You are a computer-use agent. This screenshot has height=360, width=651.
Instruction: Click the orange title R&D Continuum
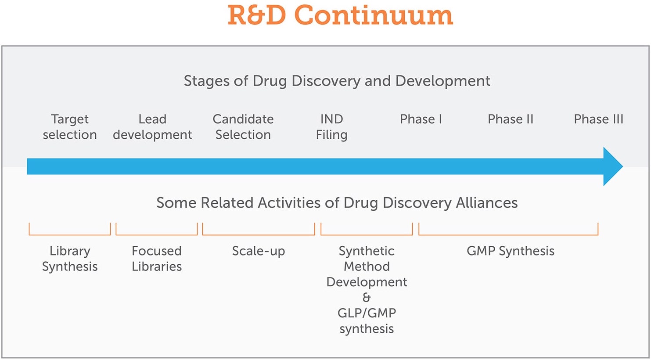pos(340,15)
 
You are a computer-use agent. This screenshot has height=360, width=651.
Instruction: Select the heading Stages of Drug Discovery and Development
pos(337,81)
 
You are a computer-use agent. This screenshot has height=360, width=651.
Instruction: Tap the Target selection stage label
pos(70,127)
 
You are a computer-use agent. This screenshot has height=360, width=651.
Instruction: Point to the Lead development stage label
pos(152,127)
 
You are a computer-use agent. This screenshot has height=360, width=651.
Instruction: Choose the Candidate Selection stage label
pos(243,127)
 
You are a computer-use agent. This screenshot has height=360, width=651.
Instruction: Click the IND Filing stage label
pos(331,127)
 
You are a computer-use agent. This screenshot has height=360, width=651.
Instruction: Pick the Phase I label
pos(421,119)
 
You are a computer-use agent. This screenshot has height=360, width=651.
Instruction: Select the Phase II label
pos(511,119)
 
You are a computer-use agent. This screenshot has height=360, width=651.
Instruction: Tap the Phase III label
pos(598,119)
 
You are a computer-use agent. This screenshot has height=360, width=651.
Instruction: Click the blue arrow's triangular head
pos(612,166)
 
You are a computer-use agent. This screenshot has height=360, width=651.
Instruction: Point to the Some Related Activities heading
pos(337,203)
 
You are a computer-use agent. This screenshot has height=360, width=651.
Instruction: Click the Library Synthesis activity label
pos(70,259)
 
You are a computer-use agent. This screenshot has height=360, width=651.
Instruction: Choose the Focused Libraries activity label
pos(157,259)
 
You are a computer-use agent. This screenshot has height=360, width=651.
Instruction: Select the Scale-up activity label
pos(259,251)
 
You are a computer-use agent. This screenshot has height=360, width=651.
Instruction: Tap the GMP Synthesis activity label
pos(511,251)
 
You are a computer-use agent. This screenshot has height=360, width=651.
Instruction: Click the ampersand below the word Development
pos(367,297)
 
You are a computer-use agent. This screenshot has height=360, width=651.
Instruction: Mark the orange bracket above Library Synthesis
pos(70,234)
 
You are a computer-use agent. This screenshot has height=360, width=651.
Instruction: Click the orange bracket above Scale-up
pos(259,234)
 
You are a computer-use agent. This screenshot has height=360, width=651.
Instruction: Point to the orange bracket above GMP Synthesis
pos(508,234)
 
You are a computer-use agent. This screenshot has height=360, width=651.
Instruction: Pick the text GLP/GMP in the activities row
pos(367,313)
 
